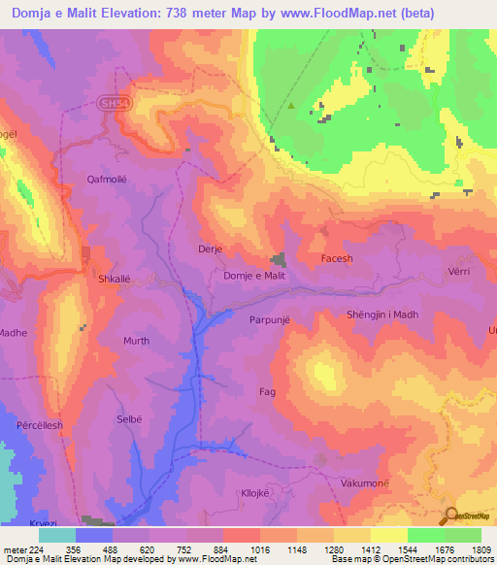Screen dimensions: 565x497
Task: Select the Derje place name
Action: (x=211, y=249)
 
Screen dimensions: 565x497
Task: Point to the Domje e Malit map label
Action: (x=254, y=277)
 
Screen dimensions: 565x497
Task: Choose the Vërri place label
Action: (x=459, y=273)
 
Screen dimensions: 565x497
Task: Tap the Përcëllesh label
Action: (x=40, y=425)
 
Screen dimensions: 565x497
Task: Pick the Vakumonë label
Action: (x=365, y=482)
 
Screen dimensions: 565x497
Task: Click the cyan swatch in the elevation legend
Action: (x=56, y=534)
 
